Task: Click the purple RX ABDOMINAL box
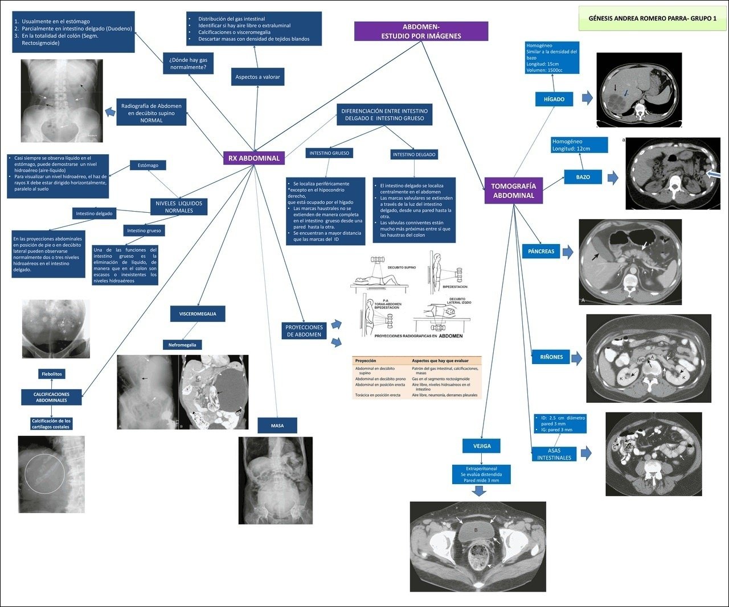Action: [254, 158]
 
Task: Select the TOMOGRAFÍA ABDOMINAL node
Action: [513, 191]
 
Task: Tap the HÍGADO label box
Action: [554, 99]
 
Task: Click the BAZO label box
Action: [583, 177]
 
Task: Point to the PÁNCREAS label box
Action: [540, 251]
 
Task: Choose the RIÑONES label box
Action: [551, 357]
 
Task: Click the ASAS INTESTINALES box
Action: [554, 454]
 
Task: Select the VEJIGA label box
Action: [482, 446]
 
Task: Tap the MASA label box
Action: [277, 426]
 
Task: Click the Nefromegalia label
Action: [182, 345]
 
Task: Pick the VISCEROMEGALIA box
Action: [198, 313]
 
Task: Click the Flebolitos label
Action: [51, 374]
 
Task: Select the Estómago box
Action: [148, 166]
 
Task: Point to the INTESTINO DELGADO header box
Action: [414, 154]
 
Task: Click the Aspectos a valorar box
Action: [257, 77]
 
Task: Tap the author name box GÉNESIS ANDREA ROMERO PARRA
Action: [652, 18]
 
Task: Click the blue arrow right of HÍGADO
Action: [587, 99]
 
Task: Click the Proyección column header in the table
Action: [366, 361]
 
